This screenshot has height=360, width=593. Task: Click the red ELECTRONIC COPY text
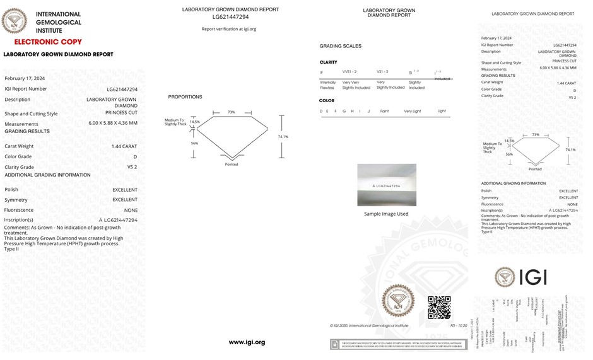pos(48,42)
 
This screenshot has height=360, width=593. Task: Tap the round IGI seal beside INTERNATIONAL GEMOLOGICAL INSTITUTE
pos(15,20)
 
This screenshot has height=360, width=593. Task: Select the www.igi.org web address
pos(247,342)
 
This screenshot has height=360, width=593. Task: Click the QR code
pos(440,307)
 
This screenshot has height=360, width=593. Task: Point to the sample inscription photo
pos(387,185)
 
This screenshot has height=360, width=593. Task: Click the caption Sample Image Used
pos(386,214)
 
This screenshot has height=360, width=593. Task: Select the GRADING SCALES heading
pos(341,46)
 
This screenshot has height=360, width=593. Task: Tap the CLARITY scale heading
pos(328,62)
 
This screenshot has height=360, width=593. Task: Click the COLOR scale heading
pos(327,100)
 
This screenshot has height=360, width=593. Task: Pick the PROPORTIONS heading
pos(185,97)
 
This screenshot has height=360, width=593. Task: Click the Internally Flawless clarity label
pos(328,85)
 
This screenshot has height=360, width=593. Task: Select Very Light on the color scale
pos(413,111)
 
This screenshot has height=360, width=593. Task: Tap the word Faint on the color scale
pos(385,111)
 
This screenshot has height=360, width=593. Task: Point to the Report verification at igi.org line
pos(229,29)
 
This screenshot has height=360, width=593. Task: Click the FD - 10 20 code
pos(458,325)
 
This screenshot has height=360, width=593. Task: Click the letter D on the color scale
pos(321,111)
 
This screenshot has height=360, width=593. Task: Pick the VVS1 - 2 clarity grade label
pos(349,72)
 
